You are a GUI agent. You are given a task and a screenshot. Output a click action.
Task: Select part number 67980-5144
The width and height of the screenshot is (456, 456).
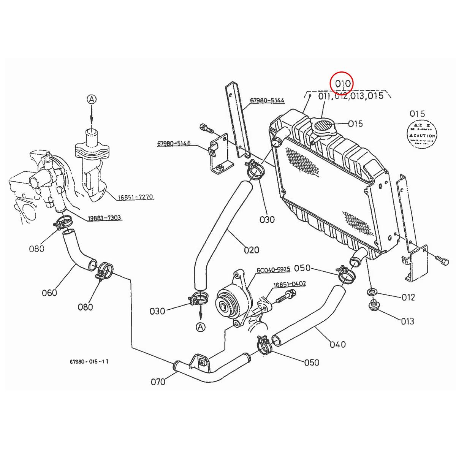click(x=267, y=101)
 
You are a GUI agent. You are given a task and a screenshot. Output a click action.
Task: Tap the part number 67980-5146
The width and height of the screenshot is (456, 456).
click(x=174, y=144)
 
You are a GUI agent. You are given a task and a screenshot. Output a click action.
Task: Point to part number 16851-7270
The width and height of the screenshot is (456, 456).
click(x=135, y=197)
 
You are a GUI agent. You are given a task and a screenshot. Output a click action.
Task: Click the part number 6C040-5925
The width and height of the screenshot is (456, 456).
click(x=273, y=269)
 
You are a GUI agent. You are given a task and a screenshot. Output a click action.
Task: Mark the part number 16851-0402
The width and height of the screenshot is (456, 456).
click(x=289, y=283)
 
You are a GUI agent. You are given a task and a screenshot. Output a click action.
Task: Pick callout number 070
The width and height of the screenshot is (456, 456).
click(x=158, y=381)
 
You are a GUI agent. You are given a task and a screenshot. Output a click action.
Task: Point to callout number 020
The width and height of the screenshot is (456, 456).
click(x=251, y=250)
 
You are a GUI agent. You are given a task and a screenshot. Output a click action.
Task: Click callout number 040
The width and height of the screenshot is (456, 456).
click(x=337, y=344)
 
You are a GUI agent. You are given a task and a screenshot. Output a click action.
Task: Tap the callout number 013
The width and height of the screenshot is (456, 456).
click(x=407, y=321)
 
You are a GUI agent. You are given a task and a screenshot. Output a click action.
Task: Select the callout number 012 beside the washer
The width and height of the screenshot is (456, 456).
click(x=408, y=297)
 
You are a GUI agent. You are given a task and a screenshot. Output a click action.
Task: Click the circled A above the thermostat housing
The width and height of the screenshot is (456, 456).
click(x=92, y=100)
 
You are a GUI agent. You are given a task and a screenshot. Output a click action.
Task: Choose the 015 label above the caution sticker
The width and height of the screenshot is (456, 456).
click(x=417, y=114)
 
